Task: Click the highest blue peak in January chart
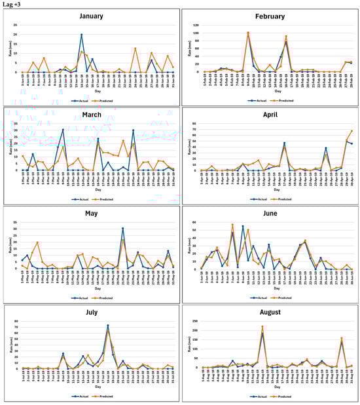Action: (82, 34)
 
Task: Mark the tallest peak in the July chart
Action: (108, 326)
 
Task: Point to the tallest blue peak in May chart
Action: (123, 229)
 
